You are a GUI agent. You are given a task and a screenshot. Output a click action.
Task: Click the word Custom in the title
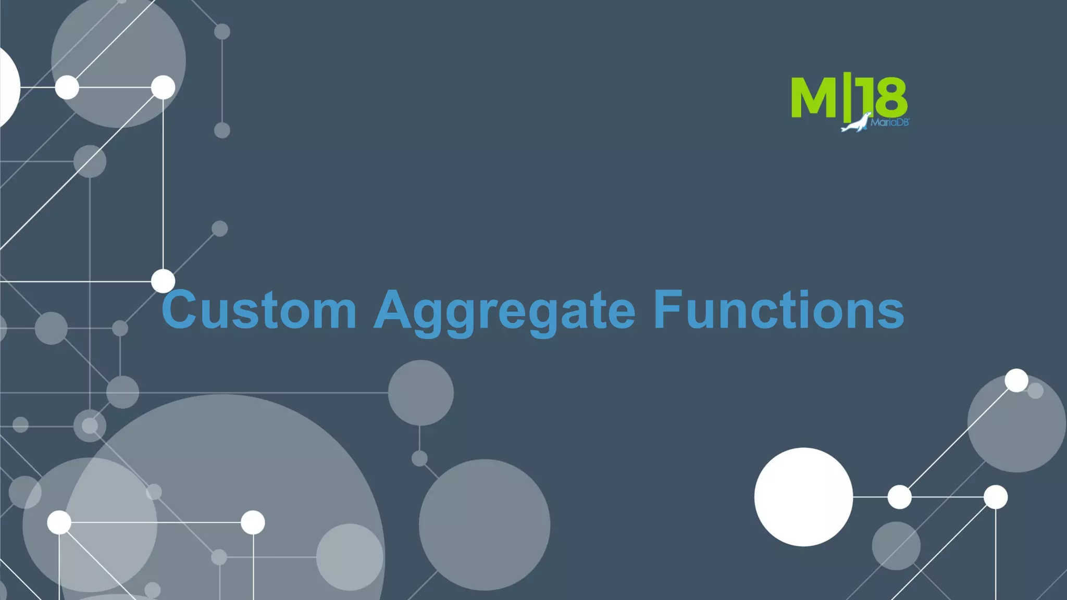tap(259, 310)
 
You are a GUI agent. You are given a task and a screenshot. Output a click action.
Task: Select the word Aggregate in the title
tap(504, 311)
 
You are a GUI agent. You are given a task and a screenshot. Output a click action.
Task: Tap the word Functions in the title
tap(778, 310)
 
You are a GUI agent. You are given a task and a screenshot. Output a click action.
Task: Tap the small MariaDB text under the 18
tap(890, 123)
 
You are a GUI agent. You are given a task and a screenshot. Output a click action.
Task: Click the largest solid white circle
tap(803, 497)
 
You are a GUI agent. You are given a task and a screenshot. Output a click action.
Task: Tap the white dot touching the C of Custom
tap(163, 281)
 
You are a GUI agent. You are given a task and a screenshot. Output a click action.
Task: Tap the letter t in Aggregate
tap(593, 310)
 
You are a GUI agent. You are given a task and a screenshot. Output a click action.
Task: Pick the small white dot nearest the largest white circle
tap(899, 497)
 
